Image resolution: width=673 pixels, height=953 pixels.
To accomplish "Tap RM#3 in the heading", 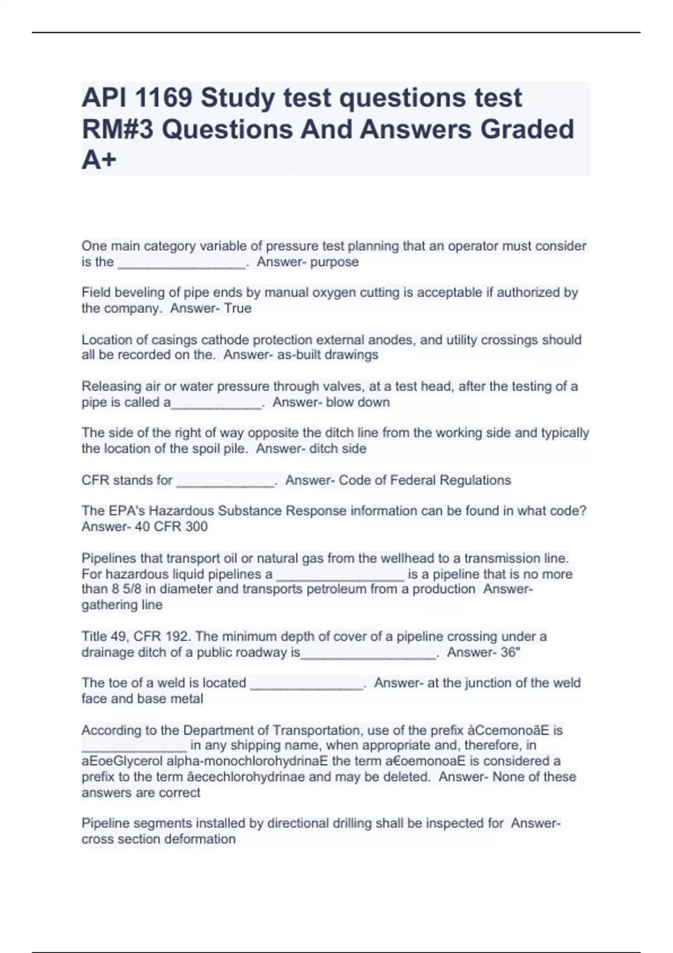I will coord(117,129).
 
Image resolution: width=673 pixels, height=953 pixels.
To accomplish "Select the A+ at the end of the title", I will coord(99,160).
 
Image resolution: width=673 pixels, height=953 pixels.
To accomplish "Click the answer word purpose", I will coord(334,262).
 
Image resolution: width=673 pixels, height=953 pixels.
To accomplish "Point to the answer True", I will coord(238,308).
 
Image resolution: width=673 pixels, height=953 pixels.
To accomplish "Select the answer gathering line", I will coord(122,605).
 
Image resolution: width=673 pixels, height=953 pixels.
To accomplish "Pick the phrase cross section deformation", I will coord(159,839).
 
